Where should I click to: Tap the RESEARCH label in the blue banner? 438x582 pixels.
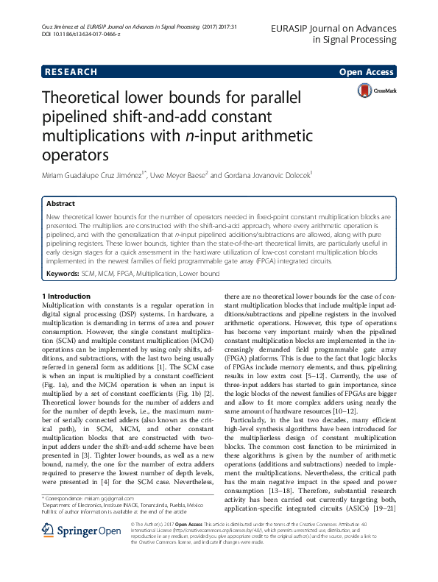[x=71, y=72]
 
